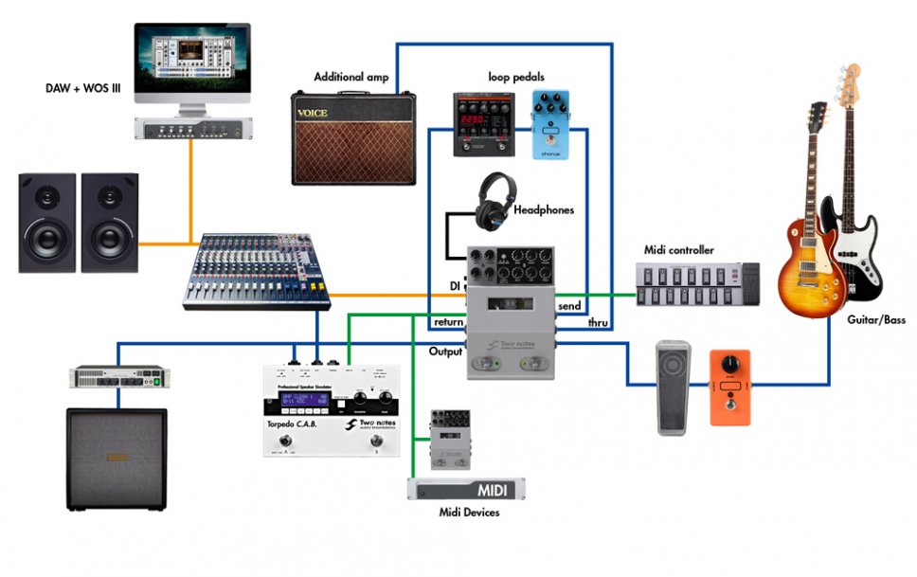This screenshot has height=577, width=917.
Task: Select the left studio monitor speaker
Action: [46, 223]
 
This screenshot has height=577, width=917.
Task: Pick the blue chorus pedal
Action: [549, 124]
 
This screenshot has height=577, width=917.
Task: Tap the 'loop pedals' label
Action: [515, 76]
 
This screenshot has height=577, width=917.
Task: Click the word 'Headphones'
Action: [544, 210]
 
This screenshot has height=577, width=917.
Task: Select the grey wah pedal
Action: [674, 388]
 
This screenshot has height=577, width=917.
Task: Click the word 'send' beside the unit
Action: [569, 307]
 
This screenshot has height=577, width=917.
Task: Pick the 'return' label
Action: [448, 322]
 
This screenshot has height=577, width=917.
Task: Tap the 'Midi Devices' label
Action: [469, 513]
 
